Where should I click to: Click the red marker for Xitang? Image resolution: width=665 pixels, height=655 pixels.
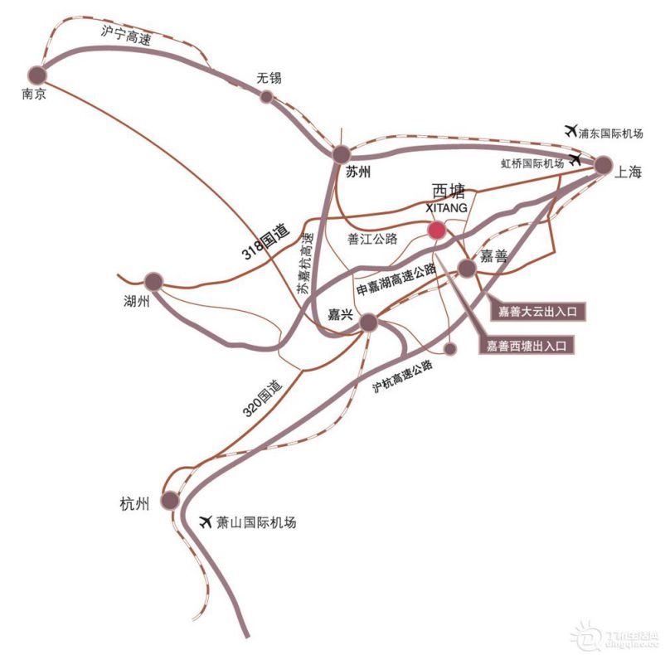[x=435, y=230]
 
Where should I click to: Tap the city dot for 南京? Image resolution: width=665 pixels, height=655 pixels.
[x=37, y=75]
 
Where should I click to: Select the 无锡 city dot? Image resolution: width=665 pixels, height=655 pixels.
[x=267, y=97]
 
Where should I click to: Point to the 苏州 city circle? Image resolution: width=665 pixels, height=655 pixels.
[x=342, y=154]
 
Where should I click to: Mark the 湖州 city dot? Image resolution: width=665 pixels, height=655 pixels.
[x=153, y=282]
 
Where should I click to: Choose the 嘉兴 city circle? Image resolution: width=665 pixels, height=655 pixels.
[x=369, y=323]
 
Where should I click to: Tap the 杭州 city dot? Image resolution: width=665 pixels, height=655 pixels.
[x=170, y=500]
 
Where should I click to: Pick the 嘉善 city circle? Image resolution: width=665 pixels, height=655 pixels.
[x=468, y=267]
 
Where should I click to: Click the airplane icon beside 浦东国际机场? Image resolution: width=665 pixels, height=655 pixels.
[x=570, y=130]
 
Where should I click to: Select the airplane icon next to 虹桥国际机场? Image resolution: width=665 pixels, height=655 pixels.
[x=576, y=159]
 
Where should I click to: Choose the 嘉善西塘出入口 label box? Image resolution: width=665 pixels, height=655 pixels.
[x=531, y=346]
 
